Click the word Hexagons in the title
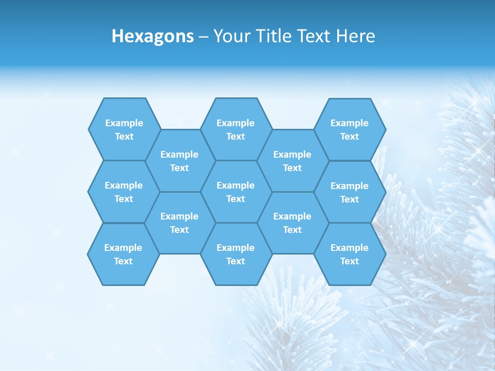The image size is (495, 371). click(x=153, y=36)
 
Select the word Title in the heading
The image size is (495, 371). click(x=276, y=36)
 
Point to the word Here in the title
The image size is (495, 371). click(x=355, y=36)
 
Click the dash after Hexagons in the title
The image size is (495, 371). click(x=203, y=37)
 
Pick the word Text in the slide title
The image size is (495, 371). click(x=315, y=36)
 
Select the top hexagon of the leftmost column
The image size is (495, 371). click(x=124, y=129)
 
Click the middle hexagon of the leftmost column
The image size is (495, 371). click(x=124, y=192)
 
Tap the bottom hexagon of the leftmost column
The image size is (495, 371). click(x=123, y=254)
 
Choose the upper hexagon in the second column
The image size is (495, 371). click(x=179, y=161)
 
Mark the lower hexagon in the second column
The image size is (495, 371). click(x=179, y=223)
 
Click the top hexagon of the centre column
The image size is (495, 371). click(x=236, y=129)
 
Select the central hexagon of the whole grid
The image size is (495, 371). click(x=236, y=192)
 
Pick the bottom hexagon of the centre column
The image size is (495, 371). click(x=236, y=254)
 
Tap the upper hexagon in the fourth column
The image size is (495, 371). click(x=292, y=161)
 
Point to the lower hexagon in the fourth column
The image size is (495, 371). click(x=292, y=223)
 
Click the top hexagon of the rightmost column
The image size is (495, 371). click(x=350, y=129)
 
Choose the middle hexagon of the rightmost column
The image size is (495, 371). click(x=350, y=192)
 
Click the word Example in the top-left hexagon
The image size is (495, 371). click(x=124, y=123)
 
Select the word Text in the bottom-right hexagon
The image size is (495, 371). click(x=350, y=261)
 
